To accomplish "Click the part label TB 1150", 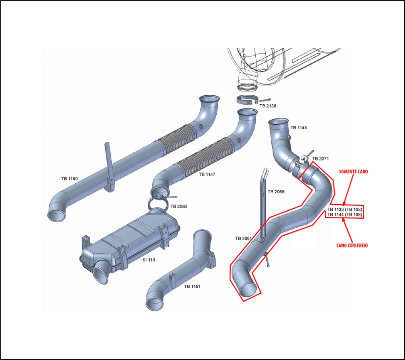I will pos(69,178).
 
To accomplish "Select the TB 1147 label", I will pos(208,175).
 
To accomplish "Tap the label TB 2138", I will pos(268,106).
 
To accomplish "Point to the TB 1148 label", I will pos(299,128).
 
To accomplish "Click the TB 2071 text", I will pos(321,159).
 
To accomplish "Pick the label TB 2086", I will pos(276,191).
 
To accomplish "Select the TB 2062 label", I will pos(179,206).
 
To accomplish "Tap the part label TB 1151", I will pos(193,287).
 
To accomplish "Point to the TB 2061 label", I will pos(244,238).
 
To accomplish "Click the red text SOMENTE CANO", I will pos(354,171).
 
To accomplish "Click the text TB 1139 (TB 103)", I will pos(345,209).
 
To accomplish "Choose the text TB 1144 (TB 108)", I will pos(345,215).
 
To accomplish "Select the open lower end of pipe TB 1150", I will pos(56,214).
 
